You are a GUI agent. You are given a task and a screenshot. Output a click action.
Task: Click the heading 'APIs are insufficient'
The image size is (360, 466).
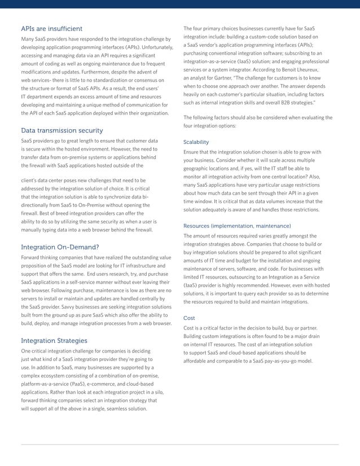(51, 28)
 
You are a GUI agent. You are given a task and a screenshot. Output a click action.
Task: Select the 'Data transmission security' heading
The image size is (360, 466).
(62, 130)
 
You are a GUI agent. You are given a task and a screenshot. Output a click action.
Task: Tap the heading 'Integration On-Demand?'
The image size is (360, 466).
(60, 247)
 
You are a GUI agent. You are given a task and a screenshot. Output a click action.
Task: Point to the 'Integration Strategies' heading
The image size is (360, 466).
(54, 341)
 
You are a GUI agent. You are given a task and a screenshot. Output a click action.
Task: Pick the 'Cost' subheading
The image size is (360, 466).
(190, 318)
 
